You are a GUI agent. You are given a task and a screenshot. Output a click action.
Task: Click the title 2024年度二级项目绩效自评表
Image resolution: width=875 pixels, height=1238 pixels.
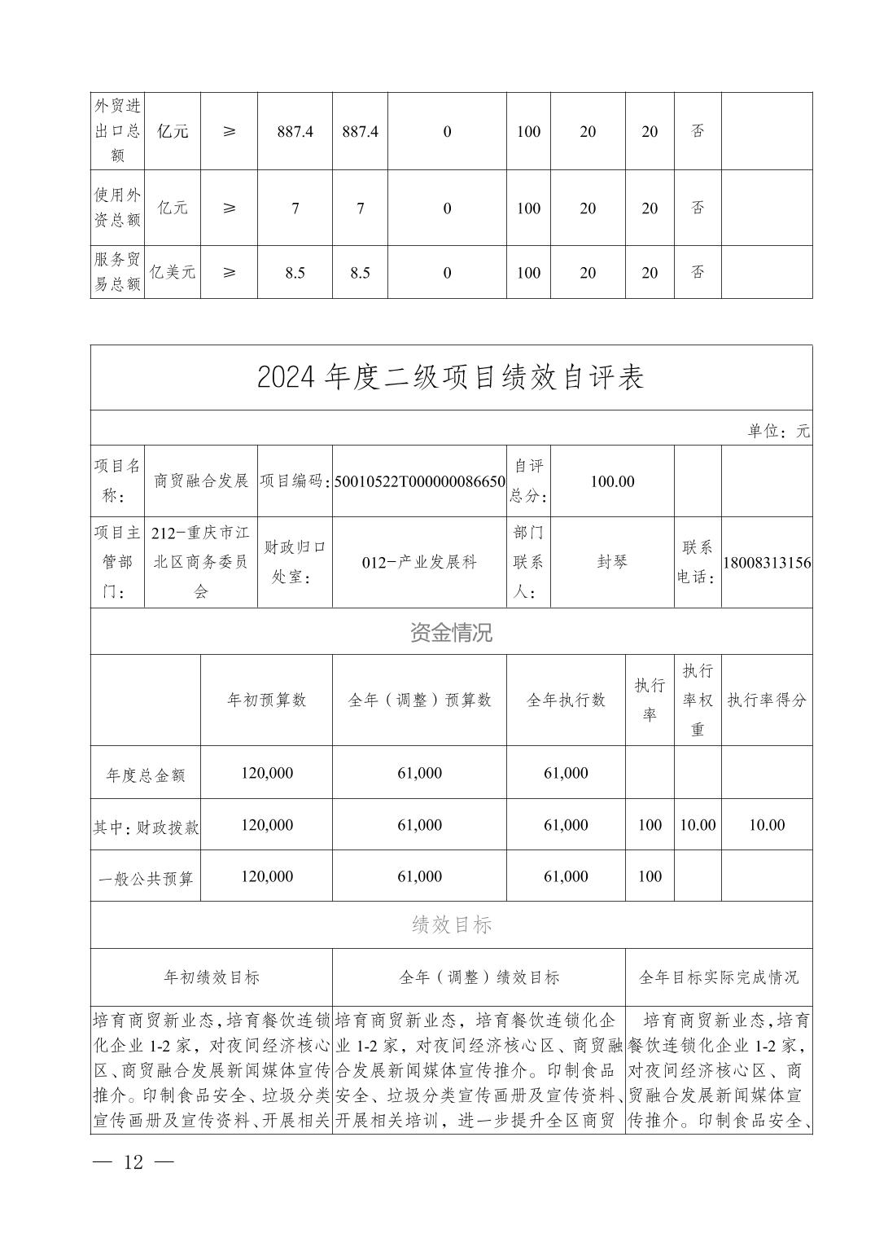(x=450, y=377)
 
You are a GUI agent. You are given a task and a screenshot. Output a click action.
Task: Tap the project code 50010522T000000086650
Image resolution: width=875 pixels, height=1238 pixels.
(x=419, y=481)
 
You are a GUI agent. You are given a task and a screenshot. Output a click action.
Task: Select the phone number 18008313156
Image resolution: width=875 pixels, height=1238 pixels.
(x=766, y=563)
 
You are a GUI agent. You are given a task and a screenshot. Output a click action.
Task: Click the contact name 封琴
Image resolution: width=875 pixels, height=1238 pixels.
(x=612, y=562)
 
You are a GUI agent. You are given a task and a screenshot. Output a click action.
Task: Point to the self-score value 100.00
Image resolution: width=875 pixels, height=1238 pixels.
(x=612, y=481)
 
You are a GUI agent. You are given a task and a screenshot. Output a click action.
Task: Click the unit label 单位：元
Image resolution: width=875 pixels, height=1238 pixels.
(x=778, y=432)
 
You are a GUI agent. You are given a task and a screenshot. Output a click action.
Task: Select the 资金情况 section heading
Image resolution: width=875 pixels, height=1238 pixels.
(x=450, y=633)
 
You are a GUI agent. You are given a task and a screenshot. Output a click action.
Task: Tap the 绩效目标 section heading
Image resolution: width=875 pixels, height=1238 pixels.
(x=450, y=925)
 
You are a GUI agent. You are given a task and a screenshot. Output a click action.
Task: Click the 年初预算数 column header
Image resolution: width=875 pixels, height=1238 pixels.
(x=266, y=700)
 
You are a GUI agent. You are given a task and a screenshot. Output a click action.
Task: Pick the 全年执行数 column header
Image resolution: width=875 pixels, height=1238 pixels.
(x=566, y=700)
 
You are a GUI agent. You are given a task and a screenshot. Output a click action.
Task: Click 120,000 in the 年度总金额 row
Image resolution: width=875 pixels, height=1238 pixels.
(x=266, y=773)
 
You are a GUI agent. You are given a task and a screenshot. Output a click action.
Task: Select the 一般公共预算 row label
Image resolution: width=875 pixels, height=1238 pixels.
(x=146, y=877)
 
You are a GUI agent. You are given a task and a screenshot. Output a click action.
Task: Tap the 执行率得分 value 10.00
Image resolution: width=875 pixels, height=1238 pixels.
(x=766, y=825)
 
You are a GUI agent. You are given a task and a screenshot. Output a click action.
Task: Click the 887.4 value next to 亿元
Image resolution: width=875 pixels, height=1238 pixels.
(x=295, y=132)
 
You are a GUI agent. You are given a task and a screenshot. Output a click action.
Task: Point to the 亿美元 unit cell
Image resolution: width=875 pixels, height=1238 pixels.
(x=172, y=273)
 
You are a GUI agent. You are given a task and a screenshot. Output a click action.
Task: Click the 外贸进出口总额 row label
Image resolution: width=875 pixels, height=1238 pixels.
(x=117, y=131)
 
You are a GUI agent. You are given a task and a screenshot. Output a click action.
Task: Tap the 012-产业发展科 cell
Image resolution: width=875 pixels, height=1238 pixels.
(x=419, y=562)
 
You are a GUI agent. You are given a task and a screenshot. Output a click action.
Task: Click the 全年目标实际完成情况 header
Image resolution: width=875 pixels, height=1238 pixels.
(x=719, y=977)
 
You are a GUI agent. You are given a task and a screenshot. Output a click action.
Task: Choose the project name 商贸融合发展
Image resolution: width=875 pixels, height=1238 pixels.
(x=201, y=481)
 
